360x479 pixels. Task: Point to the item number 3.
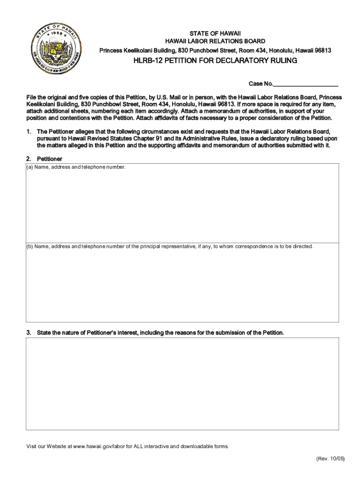(29, 333)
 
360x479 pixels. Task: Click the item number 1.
(29, 131)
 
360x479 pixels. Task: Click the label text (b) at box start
(30, 247)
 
